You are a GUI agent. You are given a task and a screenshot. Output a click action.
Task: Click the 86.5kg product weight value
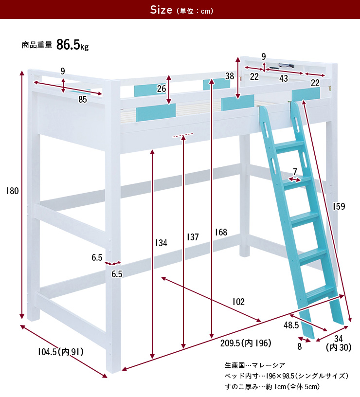[72, 45]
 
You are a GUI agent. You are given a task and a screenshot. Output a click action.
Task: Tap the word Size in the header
[161, 10]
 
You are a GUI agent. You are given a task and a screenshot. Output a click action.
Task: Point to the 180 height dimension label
[12, 191]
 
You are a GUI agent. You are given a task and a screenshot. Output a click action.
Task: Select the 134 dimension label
[161, 243]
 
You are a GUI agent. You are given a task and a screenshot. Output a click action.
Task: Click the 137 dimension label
[193, 237]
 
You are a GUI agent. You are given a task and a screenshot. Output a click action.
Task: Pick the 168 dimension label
[221, 232]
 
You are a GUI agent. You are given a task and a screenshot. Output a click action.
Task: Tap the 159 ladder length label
[339, 206]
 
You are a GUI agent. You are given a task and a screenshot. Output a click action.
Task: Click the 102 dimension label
[238, 302]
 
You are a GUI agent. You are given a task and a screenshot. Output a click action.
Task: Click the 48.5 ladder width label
[291, 325]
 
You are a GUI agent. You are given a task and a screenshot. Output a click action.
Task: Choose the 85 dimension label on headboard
[83, 100]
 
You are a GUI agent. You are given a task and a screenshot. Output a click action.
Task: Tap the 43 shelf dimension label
[284, 78]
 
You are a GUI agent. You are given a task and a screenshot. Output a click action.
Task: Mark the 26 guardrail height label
[161, 89]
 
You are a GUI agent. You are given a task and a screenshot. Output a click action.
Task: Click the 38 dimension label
[230, 76]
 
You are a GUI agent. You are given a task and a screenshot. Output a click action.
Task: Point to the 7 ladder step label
[295, 172]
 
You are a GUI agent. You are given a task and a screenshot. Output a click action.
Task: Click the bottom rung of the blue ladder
[320, 295]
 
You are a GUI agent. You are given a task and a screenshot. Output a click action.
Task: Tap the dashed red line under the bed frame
[183, 135]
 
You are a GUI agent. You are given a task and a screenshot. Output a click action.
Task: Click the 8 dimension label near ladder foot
[300, 346]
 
